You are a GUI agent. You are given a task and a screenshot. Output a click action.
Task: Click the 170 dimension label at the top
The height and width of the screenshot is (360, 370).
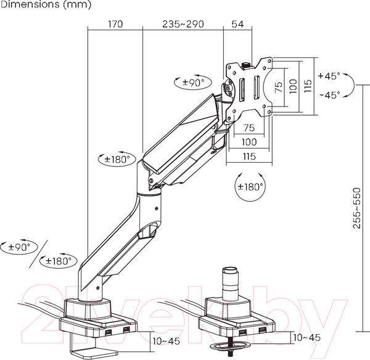tap(115, 24)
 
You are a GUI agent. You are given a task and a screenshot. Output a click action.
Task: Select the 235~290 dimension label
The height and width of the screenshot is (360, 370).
tap(183, 24)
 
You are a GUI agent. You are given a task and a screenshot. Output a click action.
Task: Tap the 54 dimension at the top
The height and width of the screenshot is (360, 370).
tap(237, 24)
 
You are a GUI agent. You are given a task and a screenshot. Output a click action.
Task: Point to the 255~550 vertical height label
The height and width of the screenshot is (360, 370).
tap(357, 208)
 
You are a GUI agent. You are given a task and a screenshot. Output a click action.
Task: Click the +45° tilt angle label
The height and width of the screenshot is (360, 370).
tap(329, 76)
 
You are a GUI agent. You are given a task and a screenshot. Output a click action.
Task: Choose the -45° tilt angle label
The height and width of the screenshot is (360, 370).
tap(330, 95)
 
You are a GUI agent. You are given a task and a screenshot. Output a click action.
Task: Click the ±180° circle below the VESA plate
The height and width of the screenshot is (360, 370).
tap(250, 187)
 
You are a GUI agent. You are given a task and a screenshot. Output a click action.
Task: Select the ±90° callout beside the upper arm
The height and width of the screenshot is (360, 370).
tap(193, 83)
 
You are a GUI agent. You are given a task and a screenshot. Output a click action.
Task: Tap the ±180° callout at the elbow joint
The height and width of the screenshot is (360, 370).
tap(117, 159)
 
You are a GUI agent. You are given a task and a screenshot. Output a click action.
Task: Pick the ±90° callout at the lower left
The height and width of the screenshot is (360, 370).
tap(19, 247)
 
